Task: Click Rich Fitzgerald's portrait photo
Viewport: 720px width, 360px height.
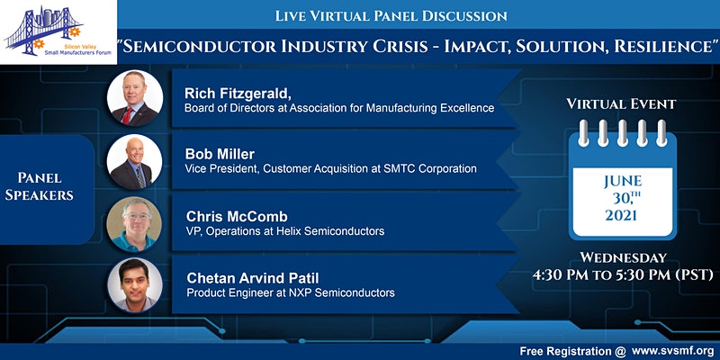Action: [135, 99]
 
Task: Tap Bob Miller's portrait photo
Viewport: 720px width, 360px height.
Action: [135, 161]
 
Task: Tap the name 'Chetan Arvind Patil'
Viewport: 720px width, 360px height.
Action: [255, 278]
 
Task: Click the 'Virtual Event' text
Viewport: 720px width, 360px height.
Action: [621, 104]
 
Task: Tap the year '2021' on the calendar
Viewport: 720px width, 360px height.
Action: [621, 216]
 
